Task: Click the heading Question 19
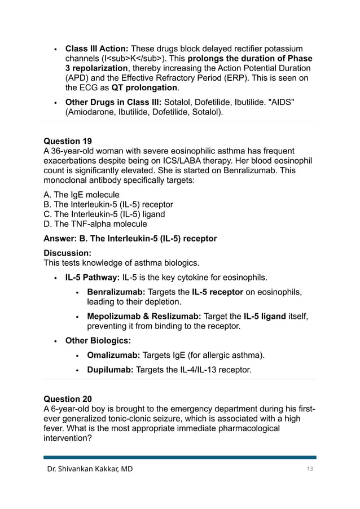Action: pyautogui.click(x=68, y=141)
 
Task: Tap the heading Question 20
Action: pyautogui.click(x=68, y=398)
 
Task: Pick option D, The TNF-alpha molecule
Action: pyautogui.click(x=95, y=223)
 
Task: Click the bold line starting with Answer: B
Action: pyautogui.click(x=130, y=239)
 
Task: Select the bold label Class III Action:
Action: pyautogui.click(x=98, y=49)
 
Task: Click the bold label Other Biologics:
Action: pyautogui.click(x=98, y=341)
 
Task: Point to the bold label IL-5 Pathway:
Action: pyautogui.click(x=92, y=278)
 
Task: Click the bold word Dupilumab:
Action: pyautogui.click(x=111, y=370)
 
